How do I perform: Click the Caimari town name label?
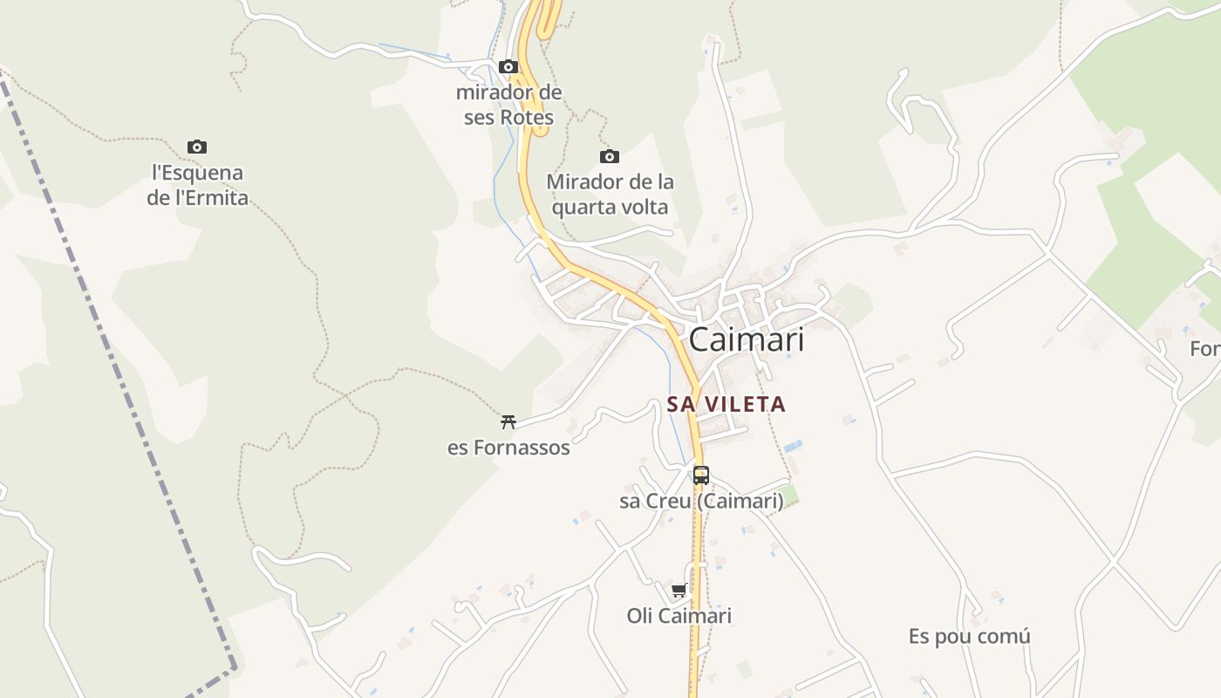(747, 340)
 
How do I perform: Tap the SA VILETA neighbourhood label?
(726, 404)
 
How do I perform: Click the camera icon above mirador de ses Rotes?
(508, 67)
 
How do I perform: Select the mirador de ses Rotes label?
(509, 105)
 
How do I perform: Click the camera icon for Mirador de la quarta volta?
(610, 157)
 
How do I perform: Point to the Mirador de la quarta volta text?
(610, 195)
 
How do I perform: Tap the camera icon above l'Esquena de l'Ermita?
(197, 147)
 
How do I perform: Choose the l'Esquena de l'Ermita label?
(197, 185)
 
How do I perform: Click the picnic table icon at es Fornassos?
(508, 422)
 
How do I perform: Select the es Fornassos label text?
(508, 448)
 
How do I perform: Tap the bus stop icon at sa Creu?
(701, 476)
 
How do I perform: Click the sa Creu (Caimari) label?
(701, 502)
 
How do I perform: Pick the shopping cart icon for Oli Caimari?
(679, 591)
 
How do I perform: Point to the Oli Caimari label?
(679, 616)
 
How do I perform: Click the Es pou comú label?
(969, 636)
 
